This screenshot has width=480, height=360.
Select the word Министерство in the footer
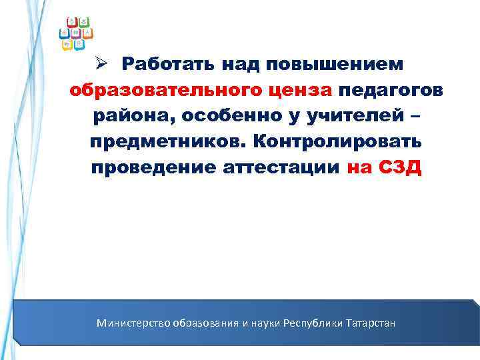click(x=133, y=323)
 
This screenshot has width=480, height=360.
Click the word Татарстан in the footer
click(x=371, y=323)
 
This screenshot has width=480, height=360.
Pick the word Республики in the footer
click(x=313, y=323)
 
